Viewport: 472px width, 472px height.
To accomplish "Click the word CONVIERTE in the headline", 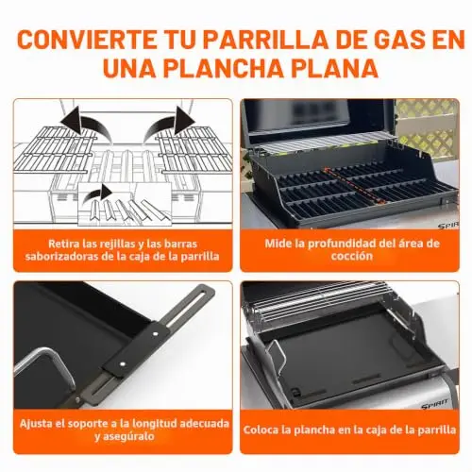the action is coord(87,39).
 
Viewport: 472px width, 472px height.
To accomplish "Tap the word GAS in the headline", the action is coord(396,39).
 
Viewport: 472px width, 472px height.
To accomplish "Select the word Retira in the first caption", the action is coord(63,244).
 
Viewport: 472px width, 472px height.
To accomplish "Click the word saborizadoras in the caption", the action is coord(61,256).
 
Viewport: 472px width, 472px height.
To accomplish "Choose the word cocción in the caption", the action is coord(351,256).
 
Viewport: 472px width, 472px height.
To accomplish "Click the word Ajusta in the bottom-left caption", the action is coord(36,424).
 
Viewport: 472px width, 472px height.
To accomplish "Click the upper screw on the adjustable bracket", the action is coord(156,334).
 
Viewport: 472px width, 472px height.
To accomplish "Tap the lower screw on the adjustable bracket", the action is coord(122,364).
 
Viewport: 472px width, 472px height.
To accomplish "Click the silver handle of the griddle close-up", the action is coord(44,366).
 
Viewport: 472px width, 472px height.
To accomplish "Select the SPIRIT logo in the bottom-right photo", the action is coord(435,404).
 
